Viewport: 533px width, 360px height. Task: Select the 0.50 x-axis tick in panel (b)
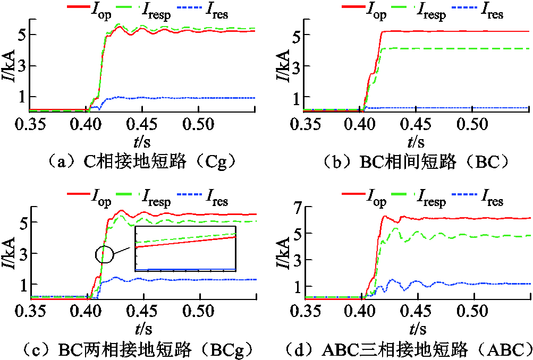(x=473, y=124)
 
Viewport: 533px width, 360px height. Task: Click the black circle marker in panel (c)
(x=105, y=254)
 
